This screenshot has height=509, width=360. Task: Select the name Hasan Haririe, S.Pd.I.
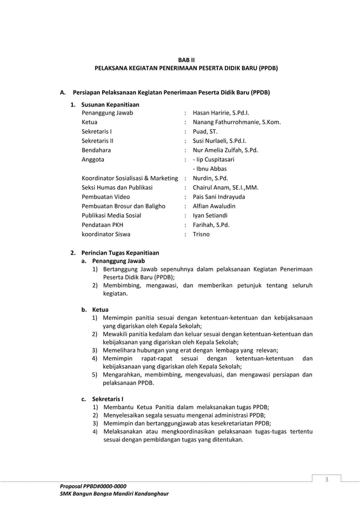click(221, 113)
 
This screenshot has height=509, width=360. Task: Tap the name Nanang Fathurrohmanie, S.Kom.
click(236, 122)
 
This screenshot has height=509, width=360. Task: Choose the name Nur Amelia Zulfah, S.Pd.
click(225, 151)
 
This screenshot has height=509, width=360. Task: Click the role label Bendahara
click(96, 151)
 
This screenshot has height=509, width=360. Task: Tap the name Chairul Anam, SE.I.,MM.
click(226, 187)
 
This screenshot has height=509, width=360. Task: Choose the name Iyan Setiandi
click(212, 216)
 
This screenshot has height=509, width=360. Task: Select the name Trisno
click(201, 234)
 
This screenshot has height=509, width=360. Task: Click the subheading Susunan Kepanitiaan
click(110, 104)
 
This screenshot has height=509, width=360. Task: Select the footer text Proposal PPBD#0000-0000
click(93, 486)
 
